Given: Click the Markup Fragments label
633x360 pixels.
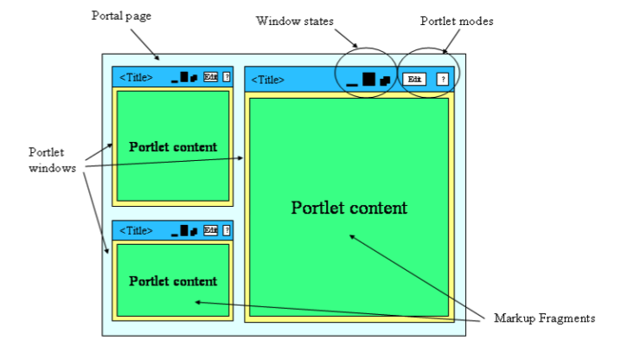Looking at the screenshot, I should pos(544,318).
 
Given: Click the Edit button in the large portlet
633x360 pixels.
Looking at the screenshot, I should pos(414,79).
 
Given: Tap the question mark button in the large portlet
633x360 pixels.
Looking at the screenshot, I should pos(443,79).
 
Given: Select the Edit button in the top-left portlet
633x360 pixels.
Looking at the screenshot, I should pos(210,77).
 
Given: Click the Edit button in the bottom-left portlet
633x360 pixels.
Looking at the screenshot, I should pos(210,230).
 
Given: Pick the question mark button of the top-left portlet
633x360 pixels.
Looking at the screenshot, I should pos(227,77).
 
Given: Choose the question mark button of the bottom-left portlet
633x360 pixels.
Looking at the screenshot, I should pos(227,230).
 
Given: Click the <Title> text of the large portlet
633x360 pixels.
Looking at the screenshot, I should pos(267,80).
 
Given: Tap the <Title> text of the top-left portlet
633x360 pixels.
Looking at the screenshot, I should pos(136,78).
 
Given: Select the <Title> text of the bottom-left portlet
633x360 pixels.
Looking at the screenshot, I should pos(136,231).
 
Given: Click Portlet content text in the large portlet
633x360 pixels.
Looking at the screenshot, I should pos(348,208).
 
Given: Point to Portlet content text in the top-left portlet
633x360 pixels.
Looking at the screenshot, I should pos(173,146).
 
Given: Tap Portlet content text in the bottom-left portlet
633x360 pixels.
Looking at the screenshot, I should pos(173,281).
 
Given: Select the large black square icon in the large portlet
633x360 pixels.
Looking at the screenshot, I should pos(368,79).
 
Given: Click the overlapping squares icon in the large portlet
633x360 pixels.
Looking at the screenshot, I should pos(385,80).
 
